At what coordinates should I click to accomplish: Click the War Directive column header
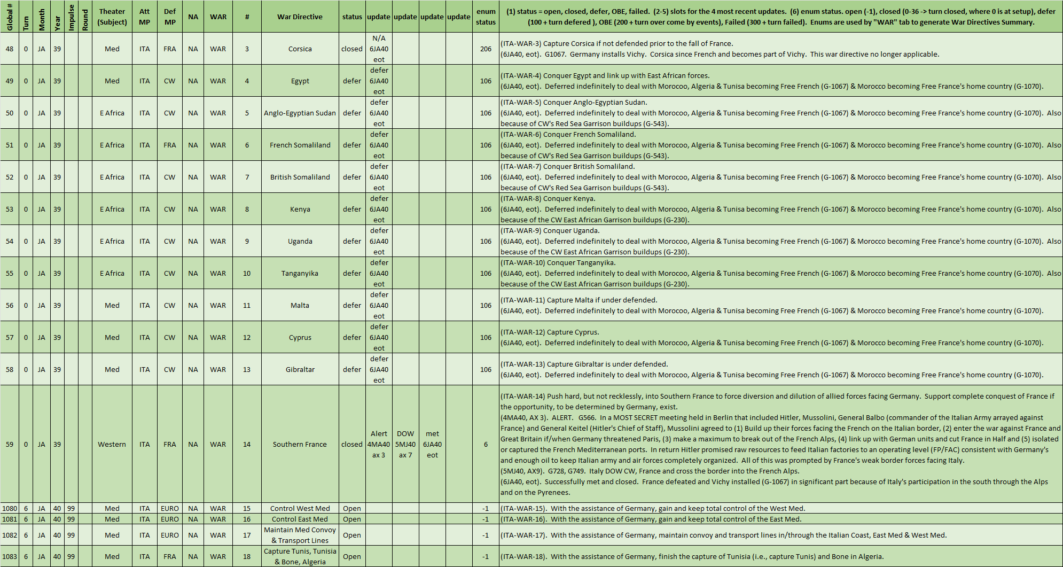(x=300, y=17)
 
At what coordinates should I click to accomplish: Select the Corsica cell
(x=300, y=49)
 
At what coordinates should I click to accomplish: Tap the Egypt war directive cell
(x=300, y=81)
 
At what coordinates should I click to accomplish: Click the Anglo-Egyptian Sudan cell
(x=300, y=113)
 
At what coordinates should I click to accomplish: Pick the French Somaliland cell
(x=300, y=145)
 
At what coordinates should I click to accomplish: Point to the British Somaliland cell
(x=300, y=177)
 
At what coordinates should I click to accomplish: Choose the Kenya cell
(x=300, y=209)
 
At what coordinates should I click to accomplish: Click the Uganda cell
(x=300, y=241)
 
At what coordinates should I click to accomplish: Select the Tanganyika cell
(x=300, y=273)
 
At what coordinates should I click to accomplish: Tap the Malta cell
(x=300, y=305)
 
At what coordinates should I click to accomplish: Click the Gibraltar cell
(x=300, y=369)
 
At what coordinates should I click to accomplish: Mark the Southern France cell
(x=300, y=444)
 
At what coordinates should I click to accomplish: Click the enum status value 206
(x=486, y=49)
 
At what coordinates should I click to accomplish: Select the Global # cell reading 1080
(x=10, y=508)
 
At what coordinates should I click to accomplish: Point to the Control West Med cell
(x=300, y=508)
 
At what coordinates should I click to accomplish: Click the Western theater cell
(x=112, y=444)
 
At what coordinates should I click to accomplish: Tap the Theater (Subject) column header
(x=112, y=17)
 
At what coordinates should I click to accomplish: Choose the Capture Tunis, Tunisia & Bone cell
(x=300, y=556)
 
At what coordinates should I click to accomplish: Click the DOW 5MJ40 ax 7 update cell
(x=405, y=444)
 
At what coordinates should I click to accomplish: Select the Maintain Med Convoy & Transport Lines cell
(x=300, y=535)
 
